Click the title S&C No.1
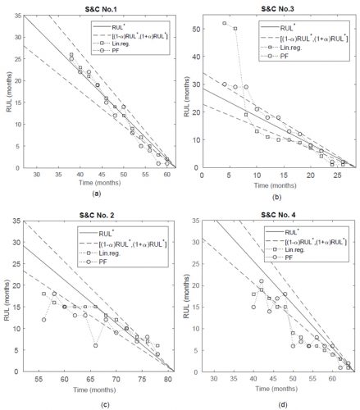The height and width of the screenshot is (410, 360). tap(97, 7)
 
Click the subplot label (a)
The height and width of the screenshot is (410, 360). tap(97, 193)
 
